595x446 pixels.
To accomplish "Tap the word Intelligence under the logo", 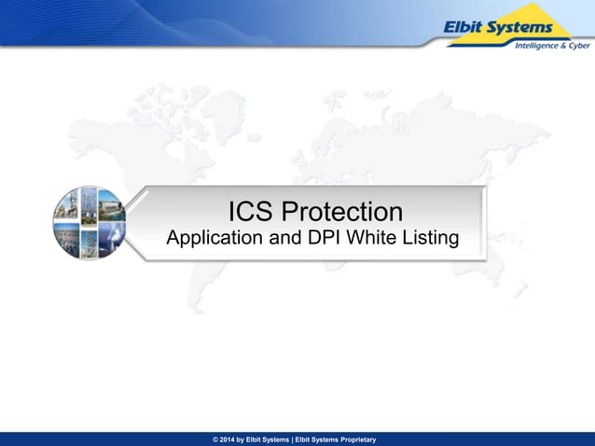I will (530, 46).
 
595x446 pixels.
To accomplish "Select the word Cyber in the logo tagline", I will (579, 46).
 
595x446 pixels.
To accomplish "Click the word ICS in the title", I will (256, 211).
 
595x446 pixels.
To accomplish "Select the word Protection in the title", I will (344, 211).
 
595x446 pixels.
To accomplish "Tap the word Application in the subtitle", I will (214, 239).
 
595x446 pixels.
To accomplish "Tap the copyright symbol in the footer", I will (216, 439).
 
